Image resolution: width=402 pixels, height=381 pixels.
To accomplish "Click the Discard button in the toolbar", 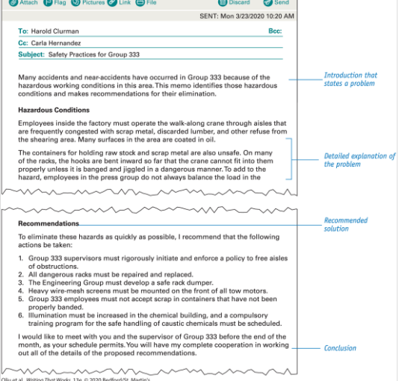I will [x=233, y=3].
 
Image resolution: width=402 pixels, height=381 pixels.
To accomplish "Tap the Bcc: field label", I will [x=275, y=31].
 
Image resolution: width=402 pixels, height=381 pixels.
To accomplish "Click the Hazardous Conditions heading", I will [x=53, y=110].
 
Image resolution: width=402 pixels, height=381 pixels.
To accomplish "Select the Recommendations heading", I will [x=49, y=223].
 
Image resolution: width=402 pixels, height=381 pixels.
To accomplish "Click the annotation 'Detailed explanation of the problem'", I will [x=359, y=160].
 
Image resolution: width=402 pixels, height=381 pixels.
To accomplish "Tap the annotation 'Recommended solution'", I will [x=345, y=224].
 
